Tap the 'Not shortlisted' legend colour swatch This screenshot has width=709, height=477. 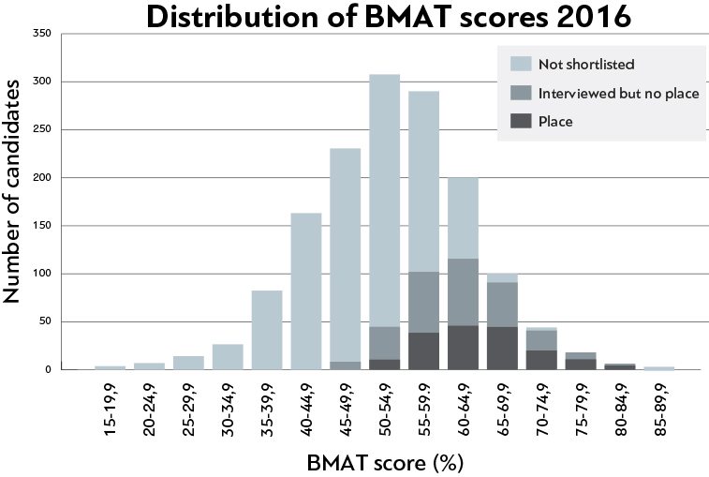[521, 65]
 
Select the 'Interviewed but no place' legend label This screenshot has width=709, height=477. [619, 93]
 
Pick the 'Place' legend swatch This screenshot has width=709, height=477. [521, 121]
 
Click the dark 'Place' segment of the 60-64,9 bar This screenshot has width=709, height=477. [463, 347]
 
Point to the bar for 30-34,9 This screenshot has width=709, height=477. [228, 357]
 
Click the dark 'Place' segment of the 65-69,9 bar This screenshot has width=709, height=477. [502, 348]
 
